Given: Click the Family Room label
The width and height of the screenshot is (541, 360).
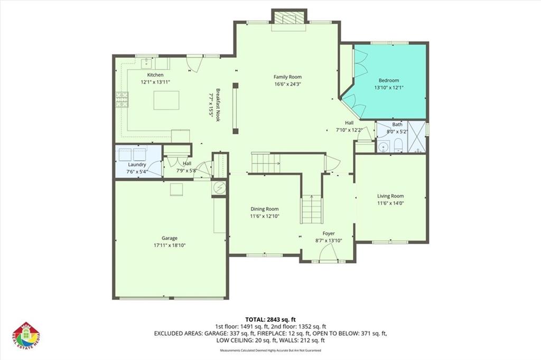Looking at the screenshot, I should pos(287,77).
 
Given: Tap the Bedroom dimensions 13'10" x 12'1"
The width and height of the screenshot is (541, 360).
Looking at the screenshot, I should pos(389,88).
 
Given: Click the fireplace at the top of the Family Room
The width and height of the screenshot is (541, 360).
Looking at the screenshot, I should pos(289,18).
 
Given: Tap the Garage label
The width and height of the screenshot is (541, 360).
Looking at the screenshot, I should pos(170,238).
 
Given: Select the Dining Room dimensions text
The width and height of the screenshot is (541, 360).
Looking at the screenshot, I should pos(264,216).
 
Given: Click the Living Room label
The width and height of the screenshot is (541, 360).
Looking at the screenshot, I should pos(390,196).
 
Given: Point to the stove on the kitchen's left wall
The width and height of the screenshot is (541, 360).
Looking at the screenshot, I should pos(122,99).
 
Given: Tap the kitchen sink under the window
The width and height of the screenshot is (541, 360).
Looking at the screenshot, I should pos(147,64).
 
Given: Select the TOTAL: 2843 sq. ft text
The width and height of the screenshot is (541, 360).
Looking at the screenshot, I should pos(270,319).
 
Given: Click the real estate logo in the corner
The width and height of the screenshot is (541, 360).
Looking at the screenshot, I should pos(26,336).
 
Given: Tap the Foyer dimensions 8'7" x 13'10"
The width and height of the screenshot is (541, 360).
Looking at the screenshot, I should pos(329,241).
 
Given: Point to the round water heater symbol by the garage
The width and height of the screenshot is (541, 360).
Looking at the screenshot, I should pos(219,187).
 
